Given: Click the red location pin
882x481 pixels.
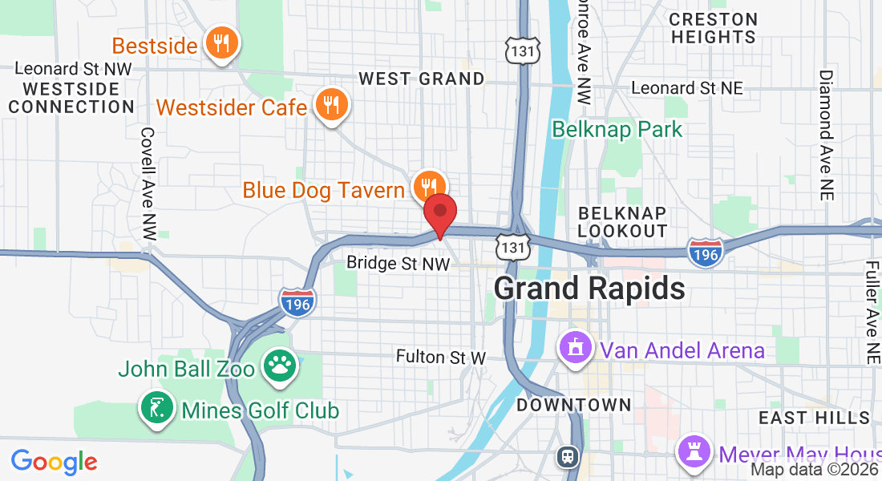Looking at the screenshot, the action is (x=439, y=212).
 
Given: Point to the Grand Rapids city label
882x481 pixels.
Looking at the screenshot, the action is (x=589, y=289).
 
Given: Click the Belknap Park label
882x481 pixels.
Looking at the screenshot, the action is (x=617, y=129).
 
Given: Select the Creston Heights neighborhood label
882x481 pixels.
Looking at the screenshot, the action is (x=714, y=28).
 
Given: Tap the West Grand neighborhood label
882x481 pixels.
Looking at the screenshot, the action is (x=422, y=79).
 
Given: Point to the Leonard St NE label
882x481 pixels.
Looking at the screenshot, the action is (x=687, y=87).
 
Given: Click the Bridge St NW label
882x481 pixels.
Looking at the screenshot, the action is (x=398, y=262).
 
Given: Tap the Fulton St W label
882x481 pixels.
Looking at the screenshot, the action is (x=441, y=357).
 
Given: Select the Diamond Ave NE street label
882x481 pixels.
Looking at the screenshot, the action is (x=825, y=134).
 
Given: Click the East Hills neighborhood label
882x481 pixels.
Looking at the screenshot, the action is (x=814, y=418).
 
